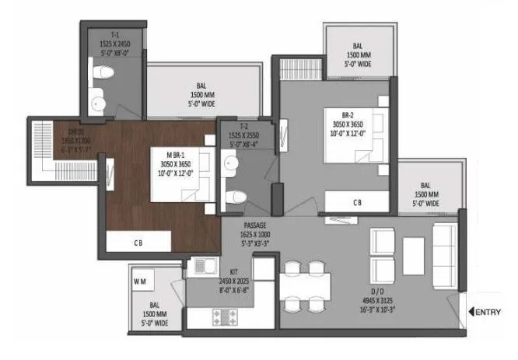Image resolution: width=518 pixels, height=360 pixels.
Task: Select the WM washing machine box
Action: coord(142,277)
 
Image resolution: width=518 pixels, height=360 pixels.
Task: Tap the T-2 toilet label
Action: coord(242,128)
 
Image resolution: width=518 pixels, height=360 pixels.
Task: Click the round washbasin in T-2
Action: coord(231,163)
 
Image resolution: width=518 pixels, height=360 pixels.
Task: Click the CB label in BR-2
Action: coord(356,201)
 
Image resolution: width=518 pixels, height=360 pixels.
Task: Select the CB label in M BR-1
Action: coord(138,242)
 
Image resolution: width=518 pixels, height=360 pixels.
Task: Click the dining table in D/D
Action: coord(305,285)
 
